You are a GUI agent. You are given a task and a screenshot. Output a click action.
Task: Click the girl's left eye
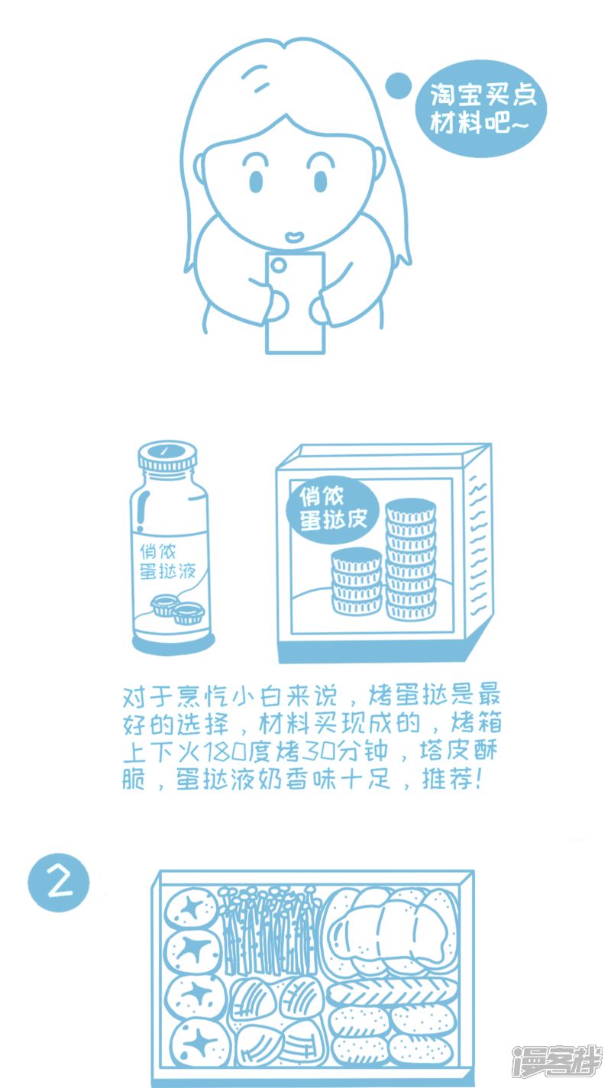(x=256, y=181)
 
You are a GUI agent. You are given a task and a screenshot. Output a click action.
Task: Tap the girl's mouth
(x=295, y=237)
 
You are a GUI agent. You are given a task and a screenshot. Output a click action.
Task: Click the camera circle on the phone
(x=278, y=265)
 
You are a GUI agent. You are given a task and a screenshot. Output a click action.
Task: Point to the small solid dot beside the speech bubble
(x=398, y=86)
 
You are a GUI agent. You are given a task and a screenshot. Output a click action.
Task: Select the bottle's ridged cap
(x=167, y=457)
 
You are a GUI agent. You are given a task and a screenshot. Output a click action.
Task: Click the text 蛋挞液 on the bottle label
(x=168, y=571)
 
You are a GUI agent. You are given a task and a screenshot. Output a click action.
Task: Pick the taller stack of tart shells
(x=411, y=559)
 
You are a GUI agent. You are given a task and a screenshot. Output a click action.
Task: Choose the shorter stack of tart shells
(x=357, y=581)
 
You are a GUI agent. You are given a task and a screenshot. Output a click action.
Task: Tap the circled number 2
(x=59, y=883)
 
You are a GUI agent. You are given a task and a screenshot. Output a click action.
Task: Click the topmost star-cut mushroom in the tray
(x=192, y=909)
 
